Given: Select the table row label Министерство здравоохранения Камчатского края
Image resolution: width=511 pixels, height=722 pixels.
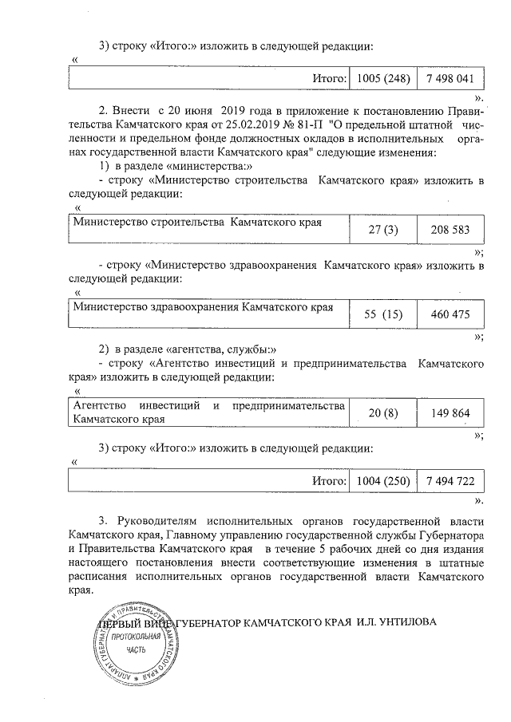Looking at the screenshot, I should [x=203, y=306].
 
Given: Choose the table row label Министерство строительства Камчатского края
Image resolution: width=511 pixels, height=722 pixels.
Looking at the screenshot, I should [x=196, y=222].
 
